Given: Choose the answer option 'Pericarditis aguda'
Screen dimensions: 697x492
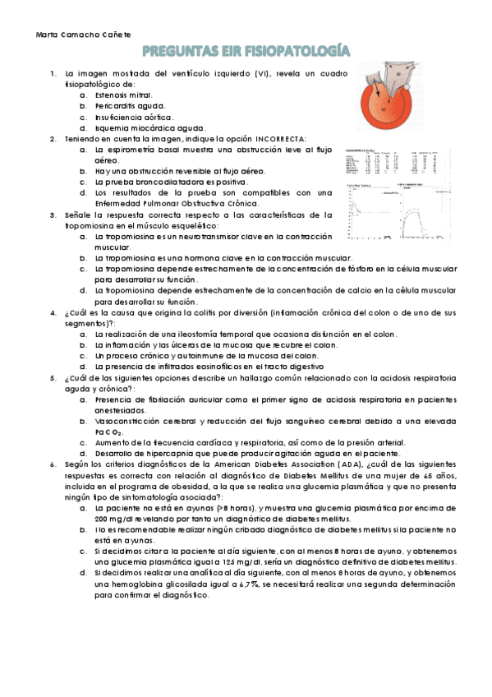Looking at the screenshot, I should (130, 106).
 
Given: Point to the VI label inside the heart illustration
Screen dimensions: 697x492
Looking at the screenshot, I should (384, 108).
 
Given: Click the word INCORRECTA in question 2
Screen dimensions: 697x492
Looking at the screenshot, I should (280, 139).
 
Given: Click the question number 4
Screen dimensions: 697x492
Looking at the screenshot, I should (53, 312).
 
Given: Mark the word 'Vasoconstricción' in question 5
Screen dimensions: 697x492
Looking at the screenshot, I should (127, 420).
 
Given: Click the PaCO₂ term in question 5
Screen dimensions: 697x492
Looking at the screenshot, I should (108, 432).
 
